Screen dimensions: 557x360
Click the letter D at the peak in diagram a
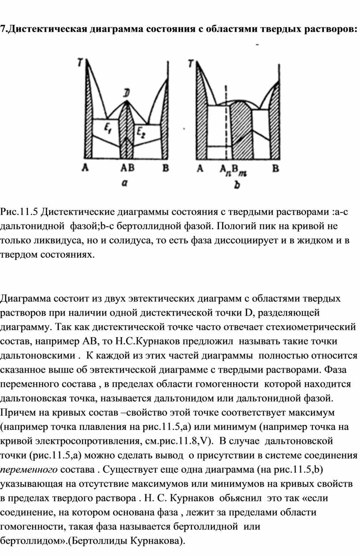coord(127,94)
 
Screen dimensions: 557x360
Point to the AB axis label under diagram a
coord(127,168)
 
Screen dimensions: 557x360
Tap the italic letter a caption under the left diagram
coord(125,185)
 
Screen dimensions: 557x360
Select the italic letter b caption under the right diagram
coord(237,186)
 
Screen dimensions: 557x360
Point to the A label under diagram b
coord(200,168)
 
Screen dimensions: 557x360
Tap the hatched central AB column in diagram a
coord(127,132)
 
